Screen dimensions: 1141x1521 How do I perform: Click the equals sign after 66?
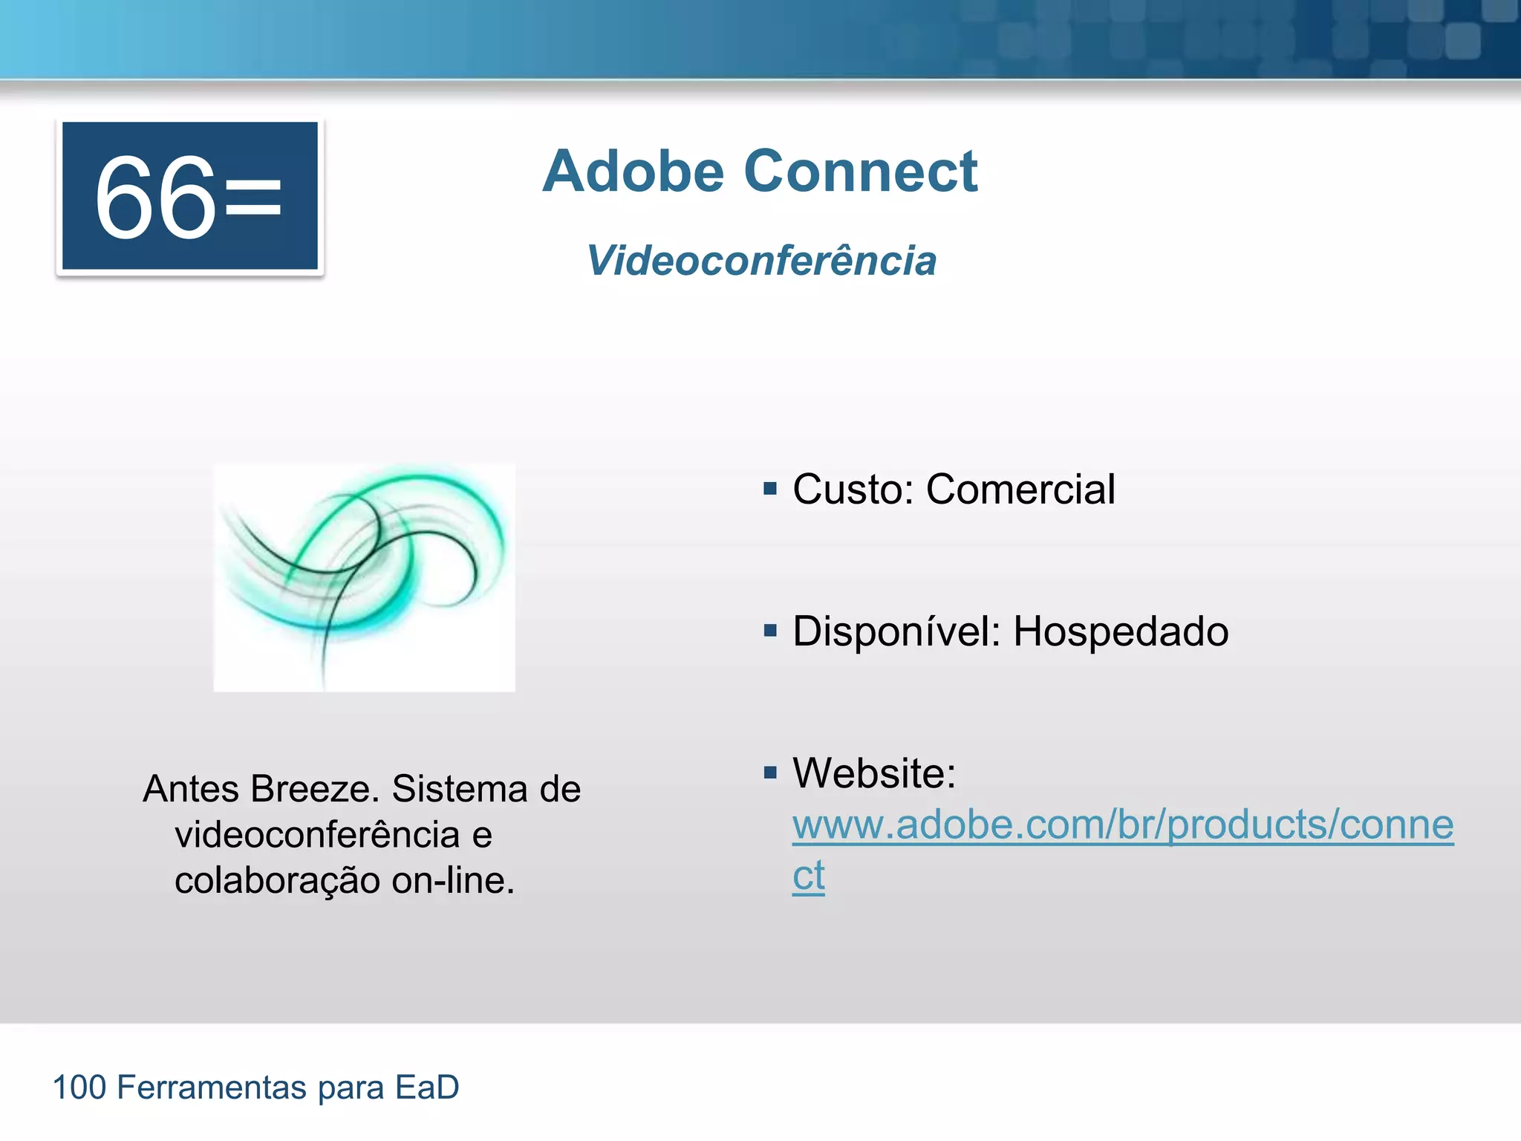click(253, 198)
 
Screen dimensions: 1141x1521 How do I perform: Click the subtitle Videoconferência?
click(760, 261)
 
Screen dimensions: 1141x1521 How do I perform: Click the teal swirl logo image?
click(364, 577)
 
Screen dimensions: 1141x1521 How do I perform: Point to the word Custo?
click(853, 490)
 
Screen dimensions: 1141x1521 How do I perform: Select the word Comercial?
click(1020, 490)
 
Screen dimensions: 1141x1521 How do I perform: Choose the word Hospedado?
click(1121, 632)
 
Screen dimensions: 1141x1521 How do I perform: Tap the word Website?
click(873, 773)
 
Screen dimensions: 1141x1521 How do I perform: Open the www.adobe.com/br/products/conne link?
click(1122, 825)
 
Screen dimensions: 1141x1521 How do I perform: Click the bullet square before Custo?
click(770, 489)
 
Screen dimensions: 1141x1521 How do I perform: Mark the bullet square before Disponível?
click(770, 631)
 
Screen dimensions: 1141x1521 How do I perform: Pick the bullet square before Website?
click(770, 773)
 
